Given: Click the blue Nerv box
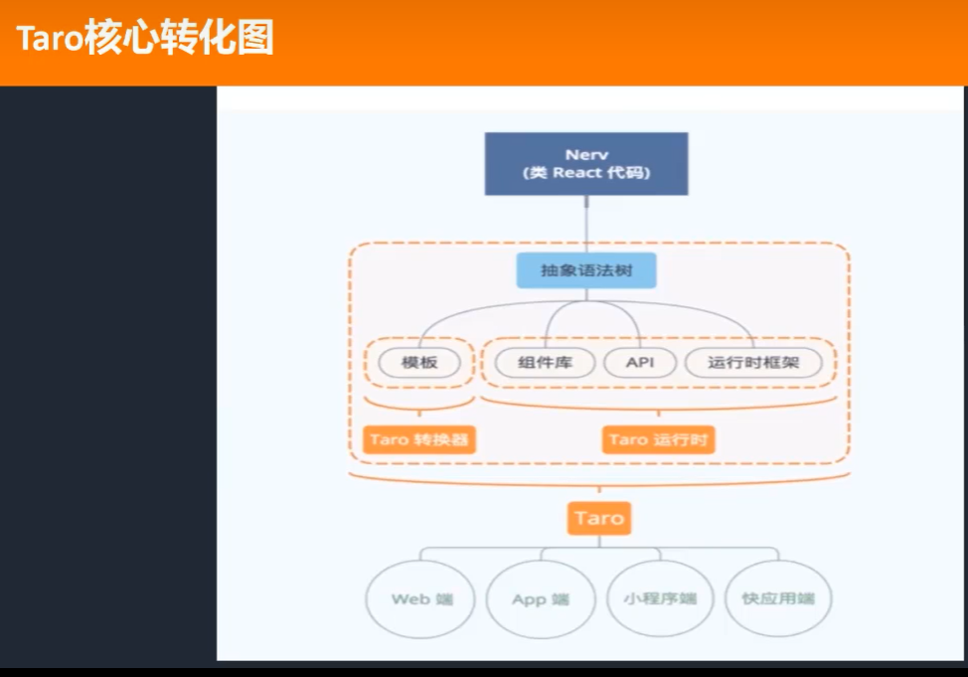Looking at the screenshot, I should (x=586, y=164).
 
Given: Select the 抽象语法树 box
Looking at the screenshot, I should (x=586, y=270).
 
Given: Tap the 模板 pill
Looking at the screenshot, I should (x=418, y=363).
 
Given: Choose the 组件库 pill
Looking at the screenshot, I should (x=544, y=363).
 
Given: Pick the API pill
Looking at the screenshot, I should (x=640, y=363).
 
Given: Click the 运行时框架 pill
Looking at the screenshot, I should (x=753, y=363).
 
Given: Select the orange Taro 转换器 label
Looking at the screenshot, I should (x=418, y=439).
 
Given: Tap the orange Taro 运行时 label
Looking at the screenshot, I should (x=658, y=439).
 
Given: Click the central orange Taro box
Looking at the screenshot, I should (x=599, y=518).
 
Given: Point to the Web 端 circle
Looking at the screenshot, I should (x=422, y=599).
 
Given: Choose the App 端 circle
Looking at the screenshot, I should (x=541, y=599).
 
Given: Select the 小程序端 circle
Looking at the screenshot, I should (x=660, y=599).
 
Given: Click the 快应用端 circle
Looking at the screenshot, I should (x=778, y=599).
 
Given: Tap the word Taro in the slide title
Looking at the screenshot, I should (x=51, y=41).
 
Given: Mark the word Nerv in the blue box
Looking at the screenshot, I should (x=586, y=154).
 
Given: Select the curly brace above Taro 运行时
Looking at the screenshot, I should (x=658, y=406).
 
